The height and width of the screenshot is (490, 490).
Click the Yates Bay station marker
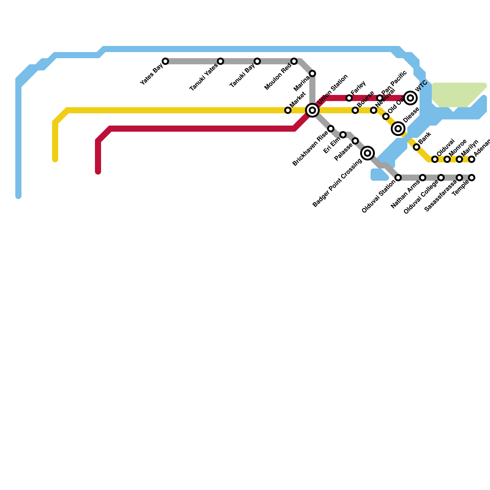[x=165, y=61]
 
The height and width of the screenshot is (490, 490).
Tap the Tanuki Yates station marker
[x=221, y=61]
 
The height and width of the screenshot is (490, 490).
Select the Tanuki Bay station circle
[x=257, y=61]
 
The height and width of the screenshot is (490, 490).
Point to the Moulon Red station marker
[x=294, y=61]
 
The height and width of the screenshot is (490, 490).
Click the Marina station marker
[x=312, y=73]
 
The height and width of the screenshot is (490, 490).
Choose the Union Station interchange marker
[x=312, y=110]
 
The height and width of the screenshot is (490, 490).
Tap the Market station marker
[x=288, y=110]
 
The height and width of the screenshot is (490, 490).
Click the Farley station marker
[x=349, y=98]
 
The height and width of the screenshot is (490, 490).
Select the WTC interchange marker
[x=410, y=98]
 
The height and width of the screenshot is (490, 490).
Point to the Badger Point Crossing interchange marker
[x=367, y=153]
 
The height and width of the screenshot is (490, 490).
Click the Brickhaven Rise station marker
[x=331, y=129]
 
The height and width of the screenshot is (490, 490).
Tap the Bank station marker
[x=417, y=147]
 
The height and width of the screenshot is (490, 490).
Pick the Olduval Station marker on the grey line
[x=398, y=178]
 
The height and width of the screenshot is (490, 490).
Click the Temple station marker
[x=472, y=178]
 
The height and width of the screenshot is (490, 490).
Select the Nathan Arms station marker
[x=423, y=178]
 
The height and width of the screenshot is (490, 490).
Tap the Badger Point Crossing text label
[x=337, y=184]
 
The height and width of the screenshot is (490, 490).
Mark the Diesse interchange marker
[x=398, y=129]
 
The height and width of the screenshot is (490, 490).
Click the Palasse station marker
[x=355, y=141]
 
